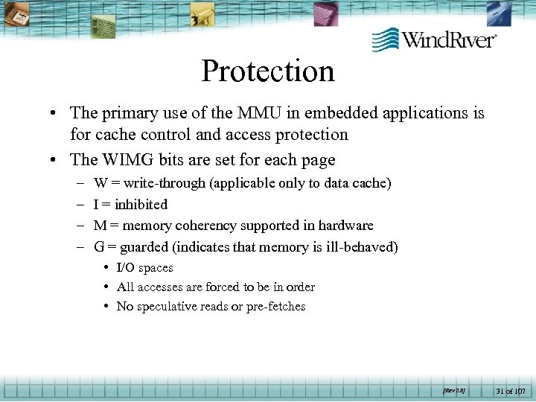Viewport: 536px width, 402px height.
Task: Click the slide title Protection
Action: click(x=268, y=71)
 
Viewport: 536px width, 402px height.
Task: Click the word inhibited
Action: click(x=141, y=204)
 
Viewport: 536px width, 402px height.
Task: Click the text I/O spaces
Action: click(x=144, y=268)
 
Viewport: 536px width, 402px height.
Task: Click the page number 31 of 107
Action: click(x=510, y=391)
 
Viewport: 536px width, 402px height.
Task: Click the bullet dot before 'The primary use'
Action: click(x=56, y=114)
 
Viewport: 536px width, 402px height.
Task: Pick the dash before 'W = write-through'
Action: click(x=79, y=183)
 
